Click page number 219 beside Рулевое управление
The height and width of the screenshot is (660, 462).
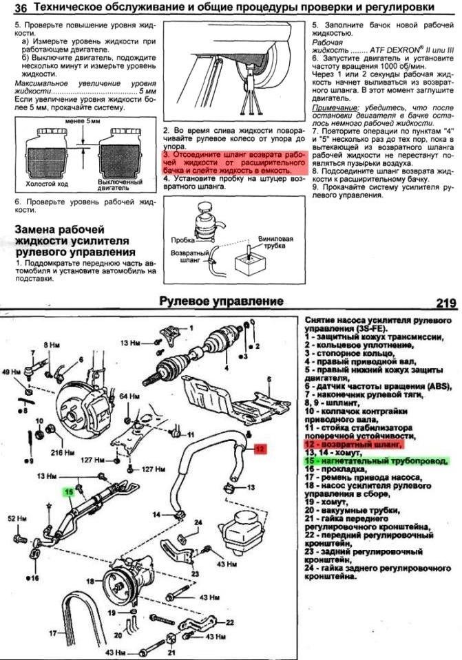(447, 302)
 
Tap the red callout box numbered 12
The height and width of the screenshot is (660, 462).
(260, 449)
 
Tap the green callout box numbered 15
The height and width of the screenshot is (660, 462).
(68, 491)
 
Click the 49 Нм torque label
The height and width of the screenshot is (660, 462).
(12, 372)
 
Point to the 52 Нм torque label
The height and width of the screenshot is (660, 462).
(16, 518)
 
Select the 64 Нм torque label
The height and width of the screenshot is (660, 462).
(129, 397)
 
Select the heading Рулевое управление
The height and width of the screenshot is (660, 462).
(221, 301)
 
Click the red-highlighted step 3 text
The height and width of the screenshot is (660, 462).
(234, 162)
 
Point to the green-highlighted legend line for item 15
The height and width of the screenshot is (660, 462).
(375, 460)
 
